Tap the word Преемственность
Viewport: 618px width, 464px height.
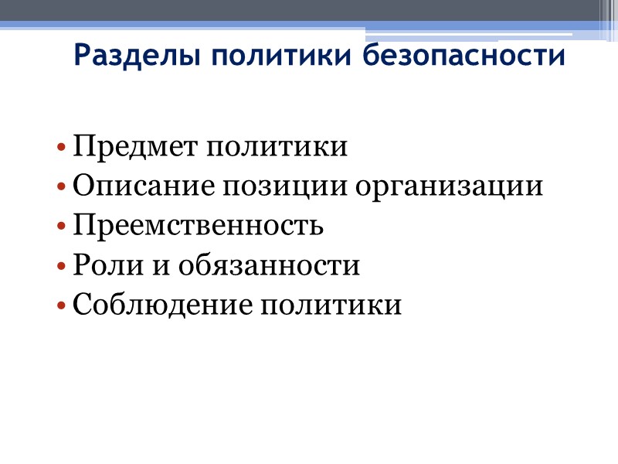click(x=198, y=227)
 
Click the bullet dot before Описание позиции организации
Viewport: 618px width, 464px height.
click(x=61, y=189)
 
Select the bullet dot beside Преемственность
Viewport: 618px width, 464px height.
click(x=61, y=228)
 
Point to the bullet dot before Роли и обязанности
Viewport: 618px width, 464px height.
click(x=61, y=268)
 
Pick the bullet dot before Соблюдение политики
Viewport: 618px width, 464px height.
click(x=61, y=307)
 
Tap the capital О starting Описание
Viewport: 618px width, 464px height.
click(x=83, y=188)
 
